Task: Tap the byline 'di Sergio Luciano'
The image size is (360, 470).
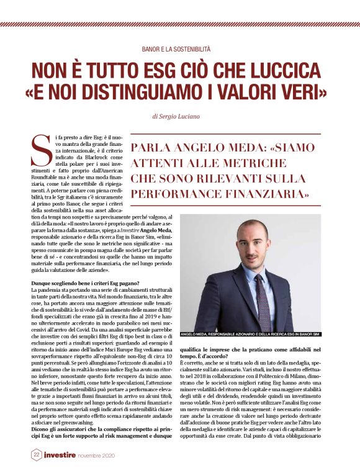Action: point(179,115)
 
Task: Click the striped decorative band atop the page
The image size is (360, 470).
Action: point(179,24)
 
